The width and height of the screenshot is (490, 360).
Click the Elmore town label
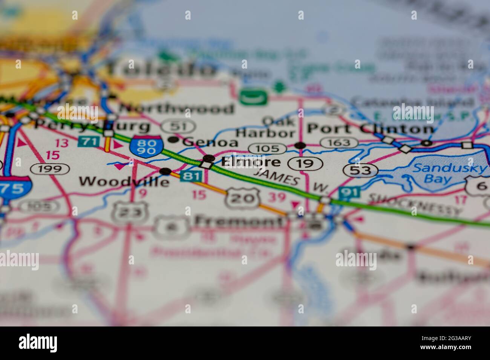[251, 162]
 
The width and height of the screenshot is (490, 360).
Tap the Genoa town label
[210, 142]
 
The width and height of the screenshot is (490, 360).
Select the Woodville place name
[124, 182]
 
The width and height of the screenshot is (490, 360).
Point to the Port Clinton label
[370, 129]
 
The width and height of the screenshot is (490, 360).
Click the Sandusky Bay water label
[449, 173]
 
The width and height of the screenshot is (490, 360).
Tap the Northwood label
[176, 109]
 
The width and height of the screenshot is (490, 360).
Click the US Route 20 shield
[243, 197]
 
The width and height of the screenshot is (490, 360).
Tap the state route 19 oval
[305, 163]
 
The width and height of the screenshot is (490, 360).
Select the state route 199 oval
[50, 169]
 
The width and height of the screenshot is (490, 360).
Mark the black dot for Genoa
[173, 140]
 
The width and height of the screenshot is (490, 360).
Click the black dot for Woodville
[165, 171]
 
